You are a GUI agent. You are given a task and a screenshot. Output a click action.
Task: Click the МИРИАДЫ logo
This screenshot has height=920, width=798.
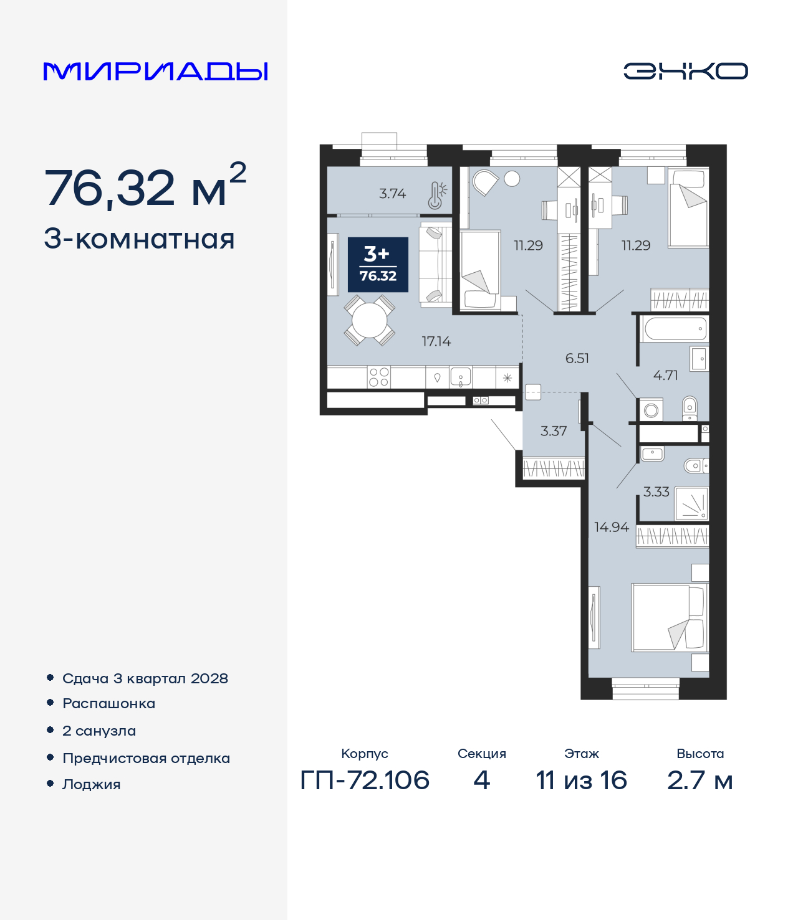pos(155,71)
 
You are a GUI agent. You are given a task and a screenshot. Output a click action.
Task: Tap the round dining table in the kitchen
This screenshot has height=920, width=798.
pos(369,320)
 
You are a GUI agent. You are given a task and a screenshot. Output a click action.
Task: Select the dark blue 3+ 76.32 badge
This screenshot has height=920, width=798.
pos(378,265)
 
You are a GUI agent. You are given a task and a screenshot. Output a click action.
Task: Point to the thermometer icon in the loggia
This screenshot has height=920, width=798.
pos(436,195)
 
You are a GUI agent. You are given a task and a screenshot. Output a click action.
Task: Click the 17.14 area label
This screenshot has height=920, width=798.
pos(436,341)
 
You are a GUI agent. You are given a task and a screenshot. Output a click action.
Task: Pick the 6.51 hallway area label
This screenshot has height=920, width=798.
pos(577,358)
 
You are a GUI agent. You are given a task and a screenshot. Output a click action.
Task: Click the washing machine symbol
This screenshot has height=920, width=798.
pos(651,410)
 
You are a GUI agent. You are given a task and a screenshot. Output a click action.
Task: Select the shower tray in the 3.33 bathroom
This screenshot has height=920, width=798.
pos(691,503)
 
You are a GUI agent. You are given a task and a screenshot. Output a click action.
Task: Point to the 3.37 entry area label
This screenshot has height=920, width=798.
pos(554,431)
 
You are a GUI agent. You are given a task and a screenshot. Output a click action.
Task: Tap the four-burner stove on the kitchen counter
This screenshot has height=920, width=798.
pos(378,377)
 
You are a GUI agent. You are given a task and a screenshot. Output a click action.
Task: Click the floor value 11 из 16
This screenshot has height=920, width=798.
pos(582,780)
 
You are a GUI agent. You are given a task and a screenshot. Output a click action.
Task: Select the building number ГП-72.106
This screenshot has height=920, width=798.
pos(365,780)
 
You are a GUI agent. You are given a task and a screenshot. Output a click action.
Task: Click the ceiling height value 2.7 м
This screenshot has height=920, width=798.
pos(700,780)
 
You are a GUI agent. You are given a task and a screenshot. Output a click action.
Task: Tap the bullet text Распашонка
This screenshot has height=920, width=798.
pos(108,704)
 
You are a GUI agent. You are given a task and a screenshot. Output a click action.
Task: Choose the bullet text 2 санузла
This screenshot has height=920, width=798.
pos(99,731)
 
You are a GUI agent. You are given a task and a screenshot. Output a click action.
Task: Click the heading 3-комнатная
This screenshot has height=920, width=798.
pos(139,239)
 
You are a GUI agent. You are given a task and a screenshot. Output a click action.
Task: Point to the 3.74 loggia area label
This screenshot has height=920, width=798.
pos(393,194)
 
